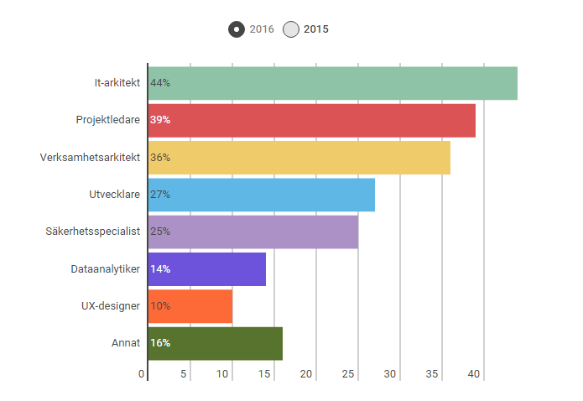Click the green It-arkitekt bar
pos(332,83)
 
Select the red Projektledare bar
pos(311,120)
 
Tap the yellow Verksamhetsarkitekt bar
pos(299,157)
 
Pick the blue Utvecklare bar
pos(261,195)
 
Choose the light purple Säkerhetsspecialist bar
pos(252,232)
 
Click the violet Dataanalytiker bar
pos(206,268)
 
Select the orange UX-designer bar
pos(190,305)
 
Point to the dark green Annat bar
pos(215,343)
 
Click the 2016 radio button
pos(237,29)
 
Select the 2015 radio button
pos(291,29)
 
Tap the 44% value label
pos(160,83)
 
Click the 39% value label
pos(160,120)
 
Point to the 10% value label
pos(160,306)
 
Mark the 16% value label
pos(160,343)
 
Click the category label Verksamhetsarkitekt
pos(91,157)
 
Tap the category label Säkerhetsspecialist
pos(92,232)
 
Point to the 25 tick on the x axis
pos(349,374)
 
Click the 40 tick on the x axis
pos(474,374)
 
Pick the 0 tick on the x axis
pos(143,374)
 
